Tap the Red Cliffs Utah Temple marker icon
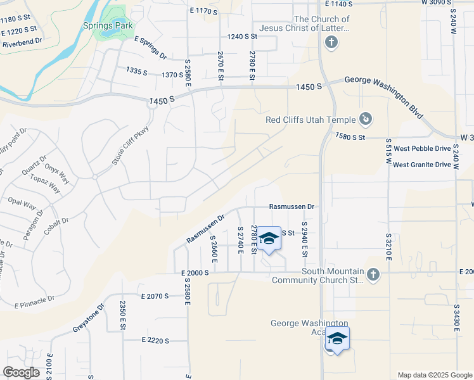click(x=366, y=118)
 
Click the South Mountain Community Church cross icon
click(x=373, y=274)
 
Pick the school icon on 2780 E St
click(x=269, y=238)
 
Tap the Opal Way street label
click(x=21, y=205)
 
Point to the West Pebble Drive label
click(x=422, y=149)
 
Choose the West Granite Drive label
click(x=422, y=165)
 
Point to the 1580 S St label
click(x=351, y=137)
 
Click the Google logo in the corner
click(x=21, y=372)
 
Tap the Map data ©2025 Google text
click(x=435, y=375)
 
